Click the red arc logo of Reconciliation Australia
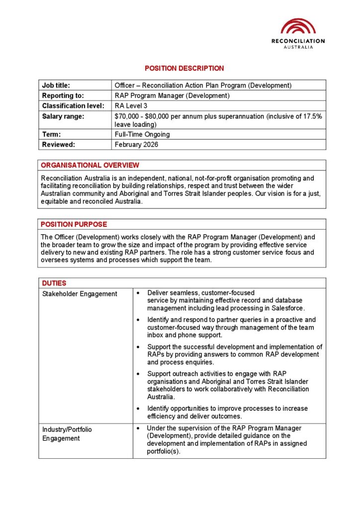point(298,26)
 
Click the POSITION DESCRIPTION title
point(184,68)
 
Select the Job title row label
point(56,85)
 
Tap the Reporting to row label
point(63,95)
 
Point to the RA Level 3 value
point(131,105)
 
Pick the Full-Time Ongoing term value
point(142,134)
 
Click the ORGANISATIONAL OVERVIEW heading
point(90,165)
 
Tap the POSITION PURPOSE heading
point(74,224)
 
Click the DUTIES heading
point(54,283)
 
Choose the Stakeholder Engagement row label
point(80,294)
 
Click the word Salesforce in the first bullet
point(286,308)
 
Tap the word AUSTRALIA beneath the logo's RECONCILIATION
point(298,47)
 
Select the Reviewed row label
point(58,145)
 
